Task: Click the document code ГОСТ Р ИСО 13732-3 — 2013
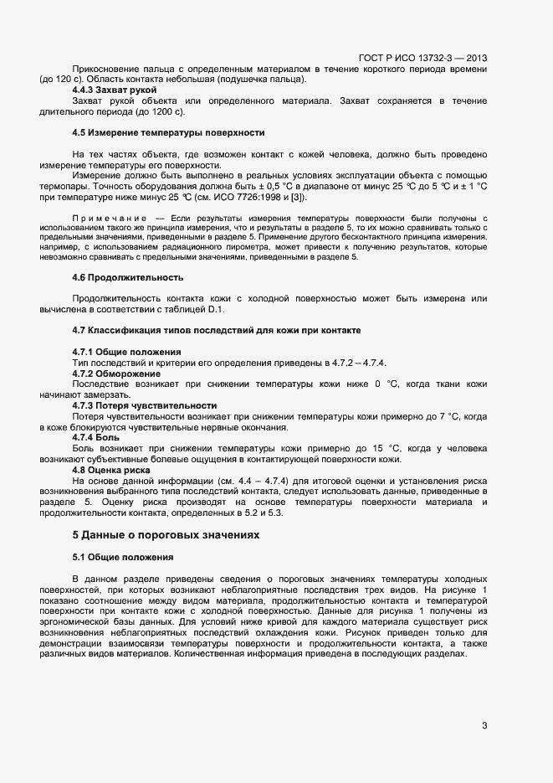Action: tap(422, 58)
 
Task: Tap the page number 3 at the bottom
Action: tap(484, 725)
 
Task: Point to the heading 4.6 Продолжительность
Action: tap(128, 277)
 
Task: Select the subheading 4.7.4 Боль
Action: tap(96, 437)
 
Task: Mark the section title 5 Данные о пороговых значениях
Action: tap(166, 534)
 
